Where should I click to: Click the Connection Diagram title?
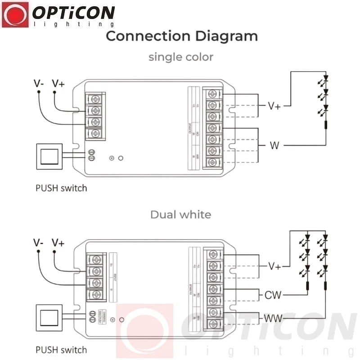click(182, 36)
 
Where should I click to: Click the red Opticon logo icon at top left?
click(15, 14)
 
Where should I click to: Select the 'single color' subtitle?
click(181, 57)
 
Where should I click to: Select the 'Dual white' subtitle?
click(180, 214)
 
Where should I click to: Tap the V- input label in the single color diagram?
click(39, 83)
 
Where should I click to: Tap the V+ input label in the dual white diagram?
click(58, 243)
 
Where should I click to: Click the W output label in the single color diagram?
click(274, 145)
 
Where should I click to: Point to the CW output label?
click(273, 295)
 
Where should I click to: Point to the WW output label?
click(273, 319)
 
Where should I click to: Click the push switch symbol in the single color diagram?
click(48, 156)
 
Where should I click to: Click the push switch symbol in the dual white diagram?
click(48, 318)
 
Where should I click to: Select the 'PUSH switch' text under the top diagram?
click(61, 188)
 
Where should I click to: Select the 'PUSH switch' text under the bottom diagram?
click(61, 349)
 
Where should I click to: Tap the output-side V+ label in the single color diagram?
click(274, 106)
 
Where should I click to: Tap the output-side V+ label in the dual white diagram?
click(274, 266)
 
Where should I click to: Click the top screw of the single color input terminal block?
click(95, 99)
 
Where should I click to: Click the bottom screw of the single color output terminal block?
click(213, 162)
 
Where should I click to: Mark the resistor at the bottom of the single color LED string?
click(326, 125)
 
